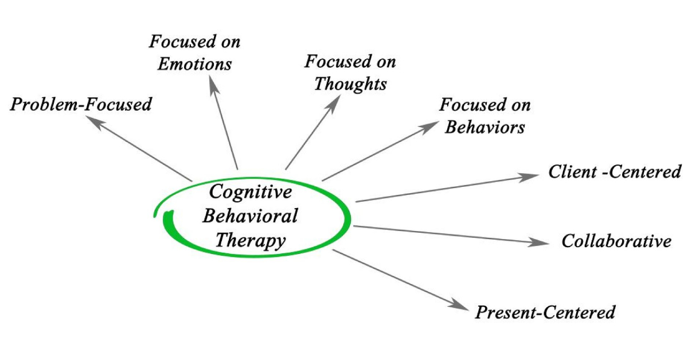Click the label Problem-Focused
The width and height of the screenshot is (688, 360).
[81, 104]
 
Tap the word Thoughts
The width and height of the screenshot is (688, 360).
[350, 84]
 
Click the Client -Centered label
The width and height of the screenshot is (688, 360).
[615, 171]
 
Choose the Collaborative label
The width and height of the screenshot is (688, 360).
[616, 241]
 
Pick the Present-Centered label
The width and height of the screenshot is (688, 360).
[545, 312]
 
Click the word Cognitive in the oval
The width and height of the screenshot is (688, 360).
[250, 191]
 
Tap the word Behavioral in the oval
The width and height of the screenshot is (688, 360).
[251, 216]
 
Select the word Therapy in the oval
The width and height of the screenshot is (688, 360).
[250, 240]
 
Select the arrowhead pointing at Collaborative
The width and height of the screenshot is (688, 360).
[542, 242]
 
